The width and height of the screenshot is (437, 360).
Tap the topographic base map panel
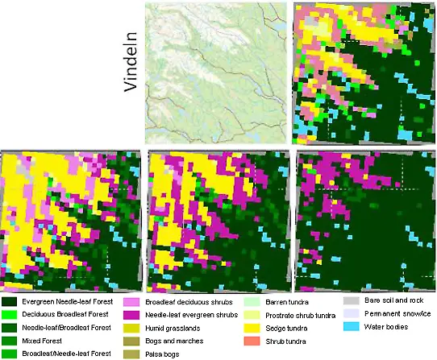[215, 72]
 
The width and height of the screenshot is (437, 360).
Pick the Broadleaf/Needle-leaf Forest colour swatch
[10, 354]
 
